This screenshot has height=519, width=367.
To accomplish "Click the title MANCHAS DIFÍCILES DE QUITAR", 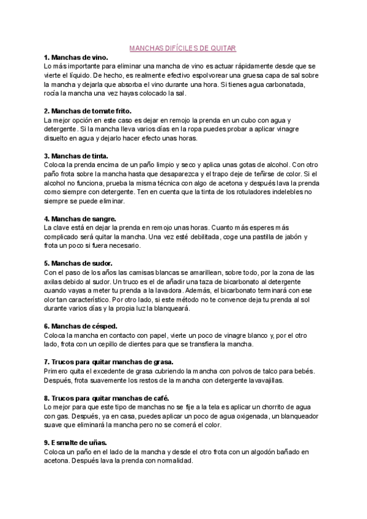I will pyautogui.click(x=183, y=47).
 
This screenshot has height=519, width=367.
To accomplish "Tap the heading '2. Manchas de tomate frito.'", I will pyautogui.click(x=87, y=111).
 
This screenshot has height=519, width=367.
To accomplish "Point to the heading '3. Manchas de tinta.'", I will pyautogui.click(x=75, y=156).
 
